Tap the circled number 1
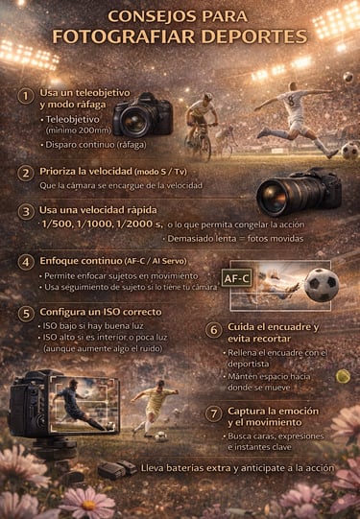(26, 96)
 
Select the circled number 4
(26, 261)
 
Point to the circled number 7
(214, 413)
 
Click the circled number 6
(214, 329)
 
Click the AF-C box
(236, 278)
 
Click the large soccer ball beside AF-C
(322, 285)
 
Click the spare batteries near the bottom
(117, 469)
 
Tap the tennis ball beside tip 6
(342, 379)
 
